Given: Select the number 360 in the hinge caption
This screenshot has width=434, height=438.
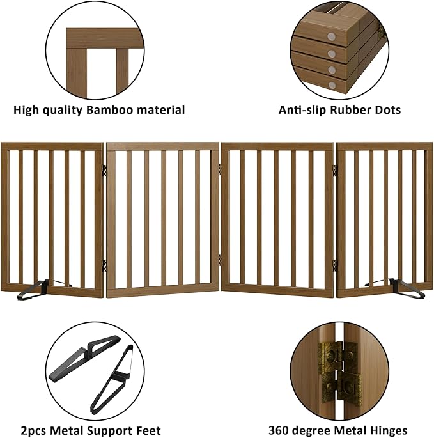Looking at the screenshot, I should (281, 430).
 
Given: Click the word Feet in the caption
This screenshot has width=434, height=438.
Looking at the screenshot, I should (148, 430).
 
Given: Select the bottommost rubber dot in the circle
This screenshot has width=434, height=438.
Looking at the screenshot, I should (333, 84).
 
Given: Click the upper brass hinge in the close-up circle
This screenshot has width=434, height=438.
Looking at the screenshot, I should (332, 356).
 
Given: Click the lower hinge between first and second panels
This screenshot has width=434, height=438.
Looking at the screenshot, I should (104, 263).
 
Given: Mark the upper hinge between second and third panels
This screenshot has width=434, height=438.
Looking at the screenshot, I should (219, 169).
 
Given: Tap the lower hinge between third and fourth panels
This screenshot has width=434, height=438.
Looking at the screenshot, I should (335, 263).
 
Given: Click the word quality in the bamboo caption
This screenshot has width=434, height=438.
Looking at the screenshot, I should (59, 110).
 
